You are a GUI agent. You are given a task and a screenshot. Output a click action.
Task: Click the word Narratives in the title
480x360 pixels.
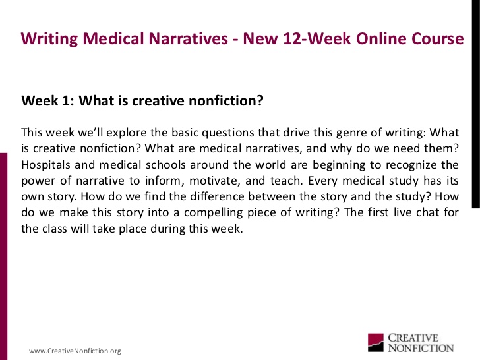188,38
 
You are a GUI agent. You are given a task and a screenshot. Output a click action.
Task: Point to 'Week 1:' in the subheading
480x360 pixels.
47,100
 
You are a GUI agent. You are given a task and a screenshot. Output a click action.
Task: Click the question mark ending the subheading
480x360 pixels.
260,100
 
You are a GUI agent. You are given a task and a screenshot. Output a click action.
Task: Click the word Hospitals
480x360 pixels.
45,165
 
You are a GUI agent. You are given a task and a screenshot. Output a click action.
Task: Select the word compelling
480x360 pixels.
214,213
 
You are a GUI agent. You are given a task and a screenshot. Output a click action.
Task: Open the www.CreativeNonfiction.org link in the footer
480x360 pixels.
75,351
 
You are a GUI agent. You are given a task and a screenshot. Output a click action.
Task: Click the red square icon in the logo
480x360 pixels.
376,343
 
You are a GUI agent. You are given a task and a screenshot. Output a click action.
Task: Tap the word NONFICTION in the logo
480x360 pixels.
421,348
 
